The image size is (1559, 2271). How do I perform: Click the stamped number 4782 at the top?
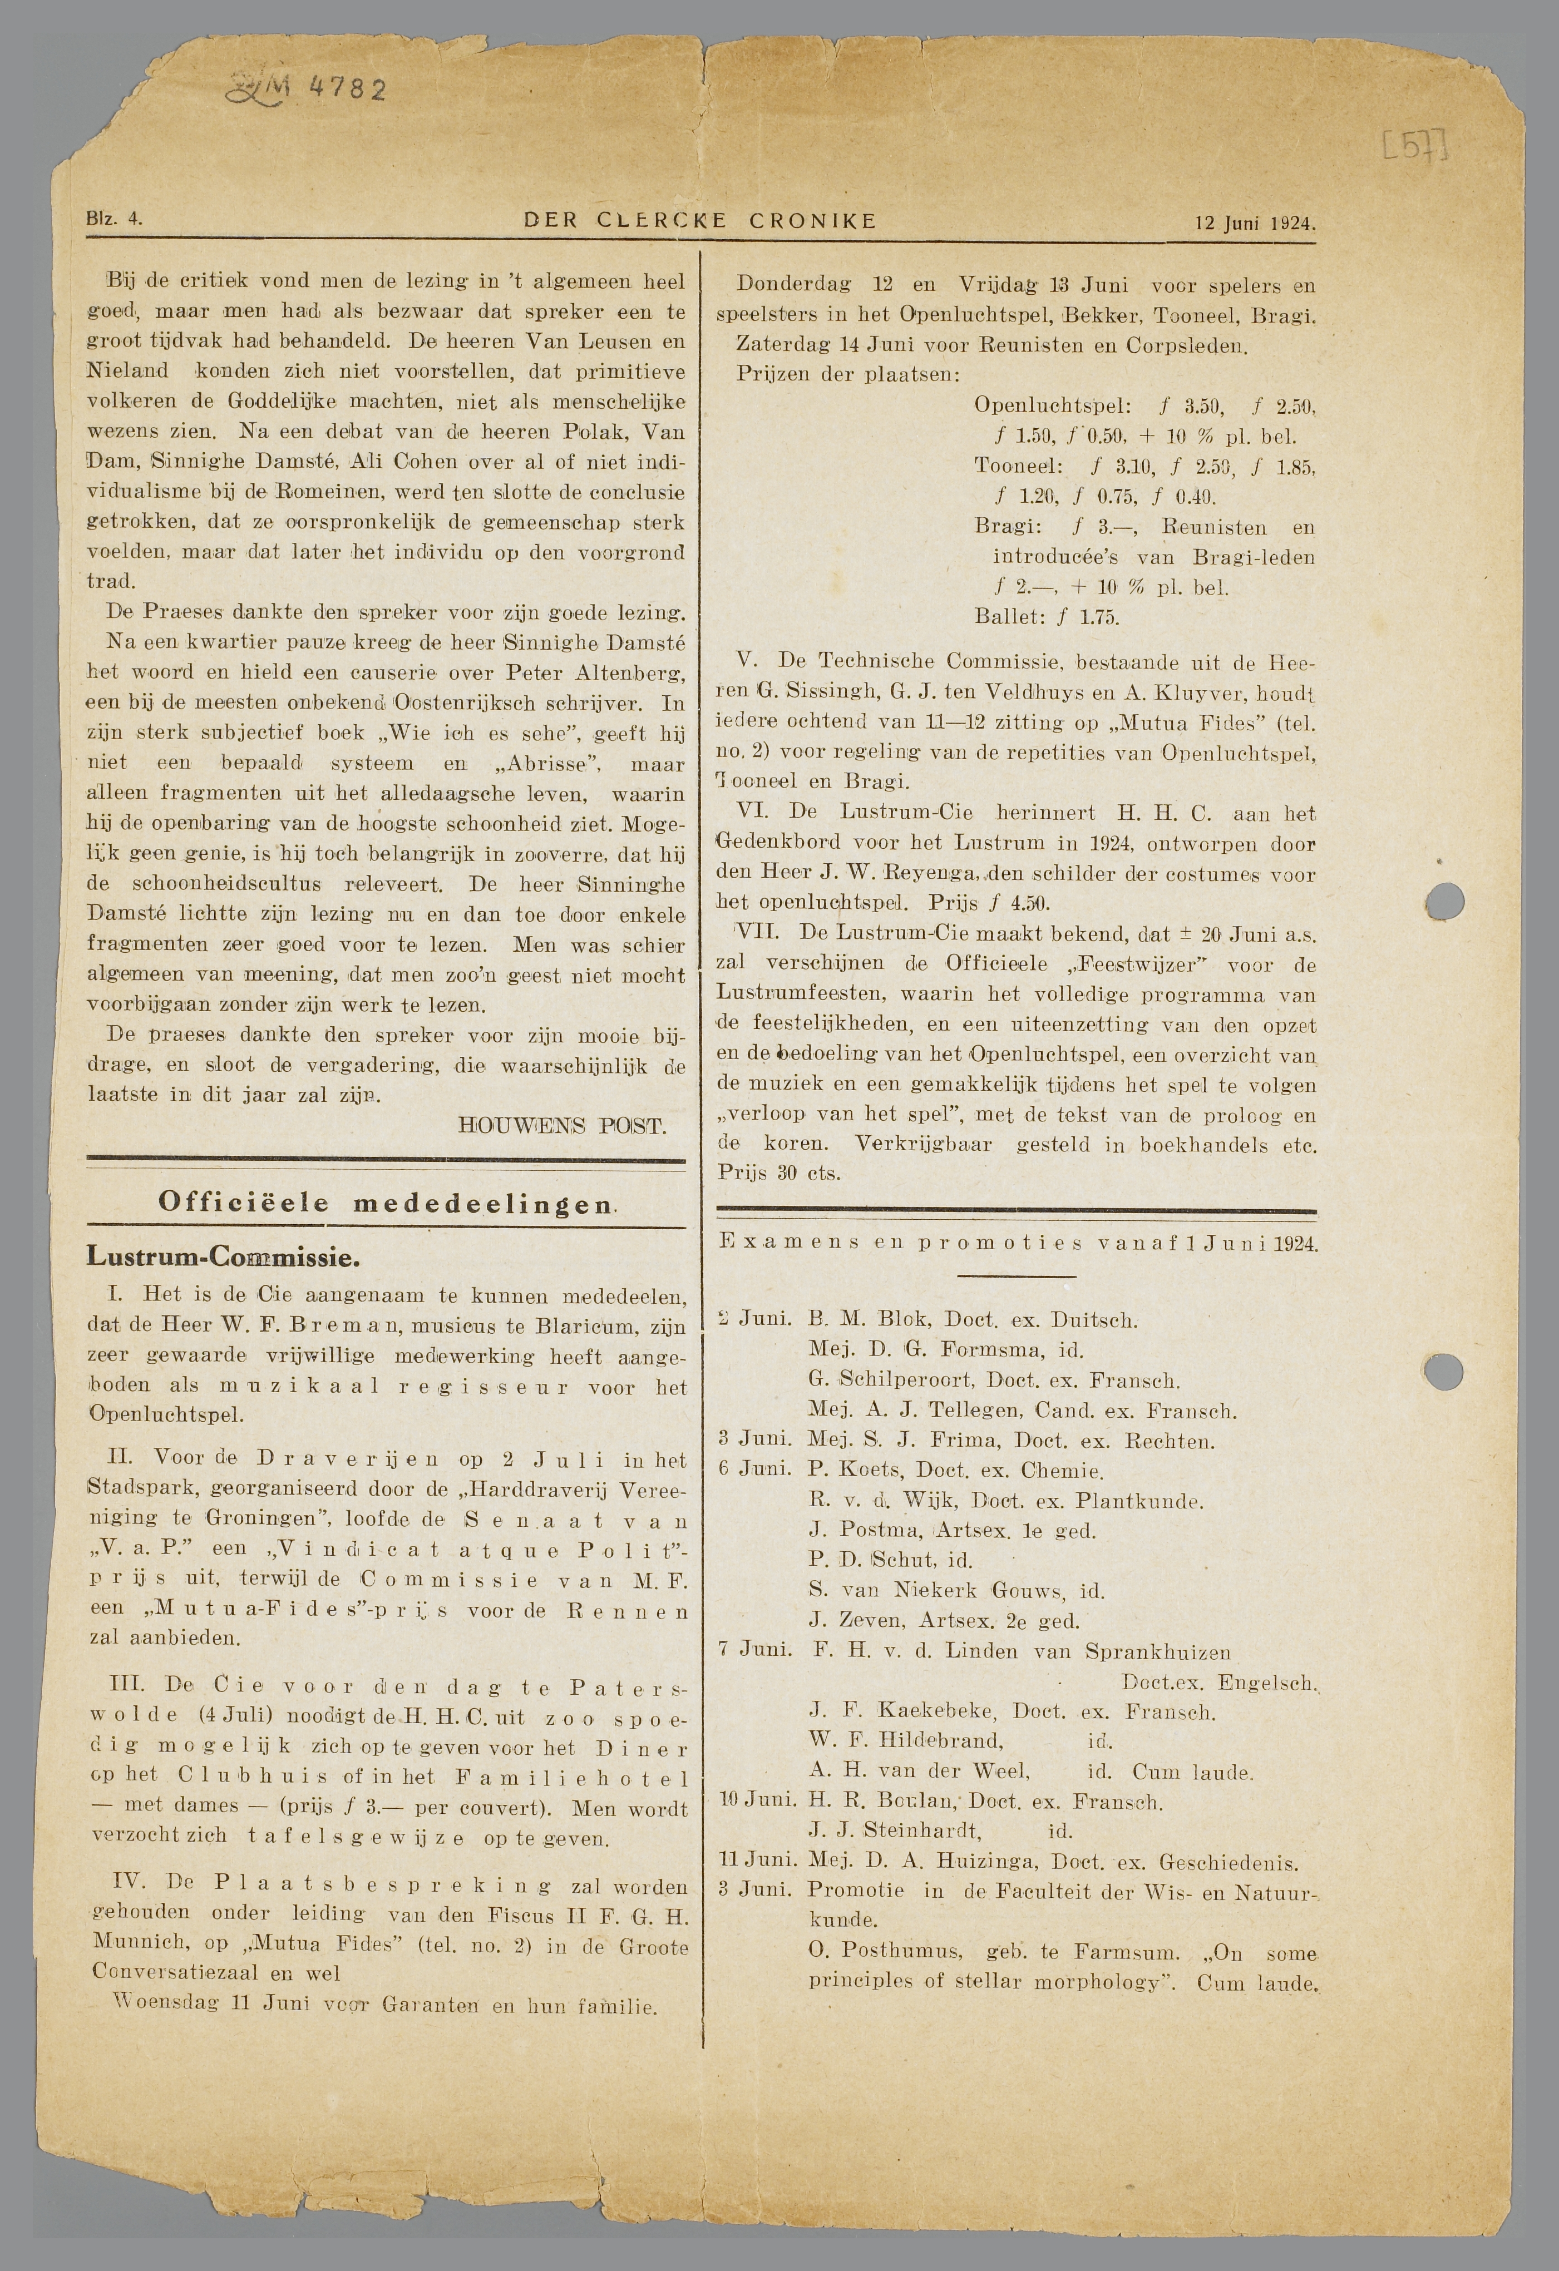[x=348, y=90]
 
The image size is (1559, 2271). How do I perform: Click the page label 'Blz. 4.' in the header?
[x=115, y=220]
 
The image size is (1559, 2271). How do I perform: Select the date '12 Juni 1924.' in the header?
[x=1255, y=223]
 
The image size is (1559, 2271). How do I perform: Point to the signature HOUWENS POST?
[x=562, y=1126]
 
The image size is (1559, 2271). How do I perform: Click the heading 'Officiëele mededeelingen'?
[x=387, y=1203]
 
